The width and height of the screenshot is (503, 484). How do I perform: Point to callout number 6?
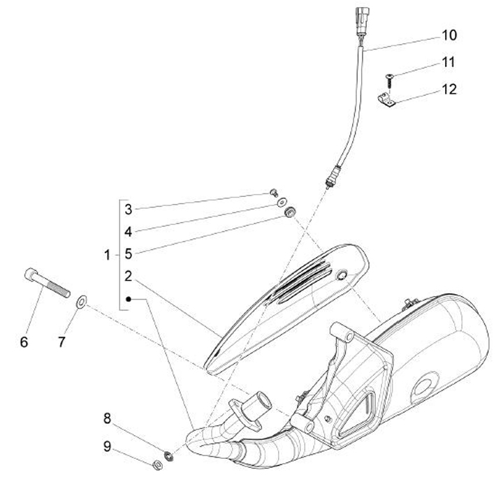click(24, 342)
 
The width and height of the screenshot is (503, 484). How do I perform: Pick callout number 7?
click(61, 342)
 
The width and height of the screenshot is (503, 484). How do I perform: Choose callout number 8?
click(107, 418)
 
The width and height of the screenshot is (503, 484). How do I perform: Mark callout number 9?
click(107, 446)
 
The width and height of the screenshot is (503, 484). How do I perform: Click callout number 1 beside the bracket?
click(107, 256)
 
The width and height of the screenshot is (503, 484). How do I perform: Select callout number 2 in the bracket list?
click(129, 276)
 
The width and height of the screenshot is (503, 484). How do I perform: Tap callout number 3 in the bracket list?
click(129, 209)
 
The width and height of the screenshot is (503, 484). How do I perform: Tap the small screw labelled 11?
click(390, 76)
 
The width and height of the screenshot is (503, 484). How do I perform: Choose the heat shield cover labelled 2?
click(286, 300)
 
